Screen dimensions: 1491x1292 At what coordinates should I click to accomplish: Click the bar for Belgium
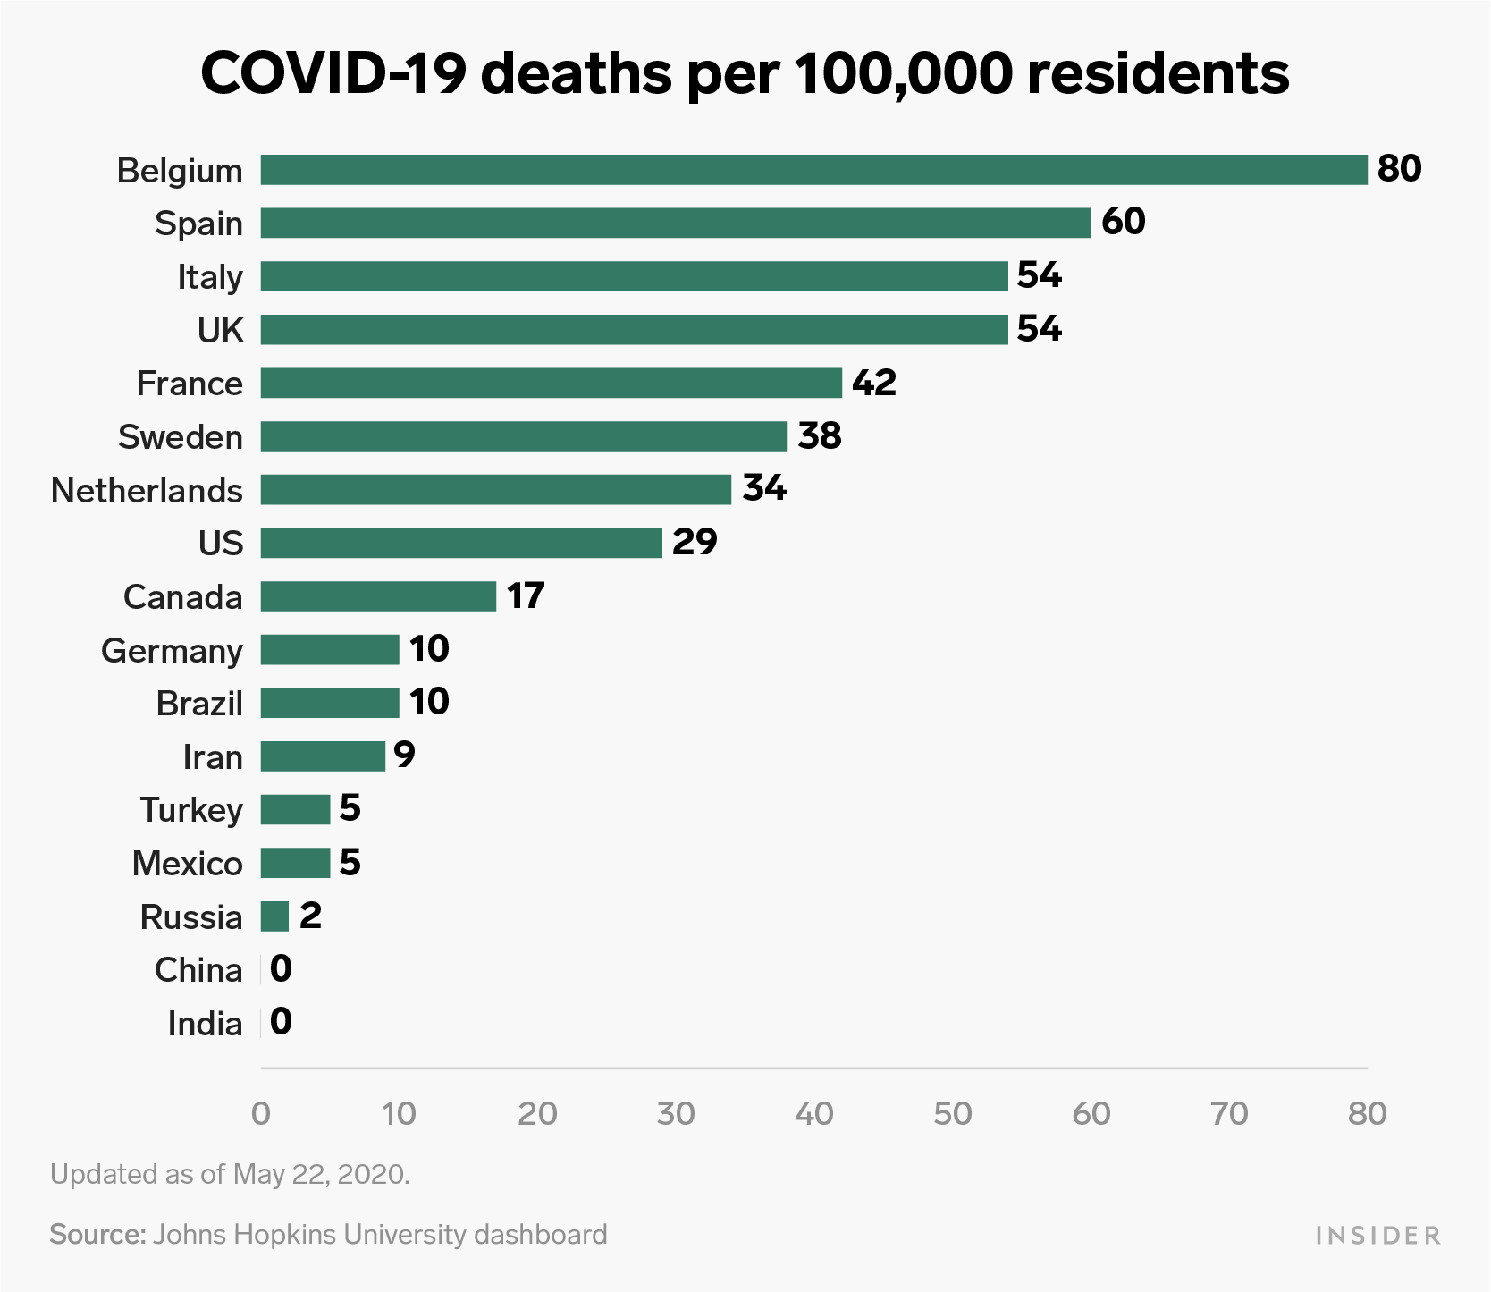click(813, 170)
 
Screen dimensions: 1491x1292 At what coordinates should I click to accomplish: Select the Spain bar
click(676, 223)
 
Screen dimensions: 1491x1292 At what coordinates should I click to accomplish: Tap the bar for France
click(551, 383)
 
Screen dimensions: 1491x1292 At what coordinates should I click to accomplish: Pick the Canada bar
click(378, 596)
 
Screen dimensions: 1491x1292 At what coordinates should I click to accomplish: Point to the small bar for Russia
click(274, 916)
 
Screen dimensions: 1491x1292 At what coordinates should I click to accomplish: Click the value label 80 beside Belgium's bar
click(1399, 168)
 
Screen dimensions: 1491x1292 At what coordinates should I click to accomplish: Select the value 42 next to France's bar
click(873, 382)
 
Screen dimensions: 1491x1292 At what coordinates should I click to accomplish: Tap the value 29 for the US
click(695, 542)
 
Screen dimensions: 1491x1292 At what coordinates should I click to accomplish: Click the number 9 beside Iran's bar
click(404, 756)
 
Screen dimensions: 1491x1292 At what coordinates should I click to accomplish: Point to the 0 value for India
click(281, 1022)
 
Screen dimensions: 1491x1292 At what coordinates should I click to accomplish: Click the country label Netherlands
click(147, 491)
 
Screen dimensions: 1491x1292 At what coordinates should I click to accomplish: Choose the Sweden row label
click(181, 437)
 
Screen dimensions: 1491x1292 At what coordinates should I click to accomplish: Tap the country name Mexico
click(188, 864)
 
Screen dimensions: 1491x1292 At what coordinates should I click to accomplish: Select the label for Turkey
click(191, 810)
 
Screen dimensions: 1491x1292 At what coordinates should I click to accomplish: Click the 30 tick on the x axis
click(676, 1113)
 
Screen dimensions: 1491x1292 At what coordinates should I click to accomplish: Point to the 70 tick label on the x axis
click(1229, 1113)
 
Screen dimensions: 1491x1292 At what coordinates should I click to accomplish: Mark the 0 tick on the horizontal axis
click(260, 1113)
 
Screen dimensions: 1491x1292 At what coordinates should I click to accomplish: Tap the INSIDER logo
click(1377, 1236)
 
